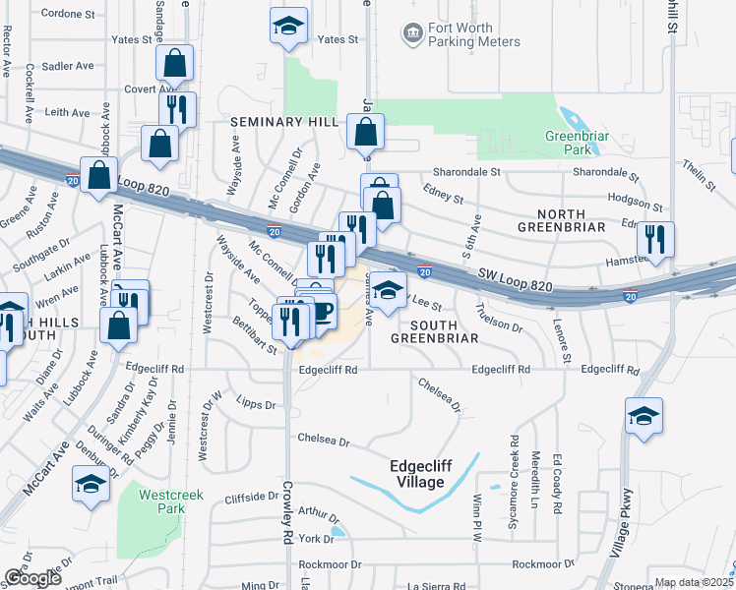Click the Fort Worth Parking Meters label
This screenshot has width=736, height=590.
click(x=460, y=35)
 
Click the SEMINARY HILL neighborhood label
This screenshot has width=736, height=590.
click(x=284, y=121)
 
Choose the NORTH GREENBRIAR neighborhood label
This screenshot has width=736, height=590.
click(x=575, y=214)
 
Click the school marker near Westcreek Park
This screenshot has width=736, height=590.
click(x=91, y=484)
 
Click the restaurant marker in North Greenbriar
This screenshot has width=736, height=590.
click(x=653, y=239)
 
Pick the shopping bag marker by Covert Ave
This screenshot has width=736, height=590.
click(x=174, y=64)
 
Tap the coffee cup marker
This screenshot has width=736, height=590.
click(x=319, y=312)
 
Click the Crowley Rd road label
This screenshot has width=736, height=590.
click(x=288, y=526)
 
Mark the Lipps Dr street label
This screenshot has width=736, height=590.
click(x=256, y=404)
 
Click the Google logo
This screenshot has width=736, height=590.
click(x=33, y=578)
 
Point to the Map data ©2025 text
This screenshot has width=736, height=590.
click(x=694, y=582)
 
